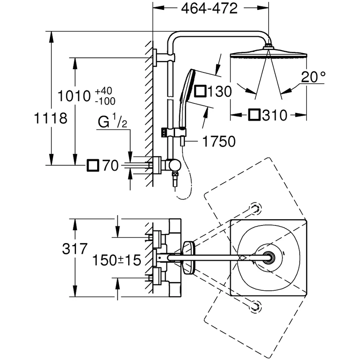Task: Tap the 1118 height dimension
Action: pyautogui.click(x=50, y=119)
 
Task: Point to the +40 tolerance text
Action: pyautogui.click(x=104, y=91)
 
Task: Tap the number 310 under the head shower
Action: pyautogui.click(x=273, y=116)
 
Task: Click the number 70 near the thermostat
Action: pyautogui.click(x=110, y=166)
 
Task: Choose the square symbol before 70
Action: pyautogui.click(x=93, y=166)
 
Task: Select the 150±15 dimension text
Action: pyautogui.click(x=117, y=260)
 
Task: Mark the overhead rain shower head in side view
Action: pyautogui.click(x=269, y=56)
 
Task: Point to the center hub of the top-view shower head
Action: pyautogui.click(x=270, y=257)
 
